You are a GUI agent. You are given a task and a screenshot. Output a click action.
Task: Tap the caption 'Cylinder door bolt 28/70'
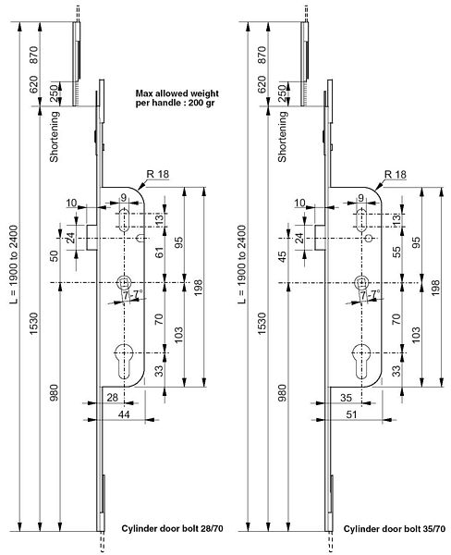[x=172, y=528]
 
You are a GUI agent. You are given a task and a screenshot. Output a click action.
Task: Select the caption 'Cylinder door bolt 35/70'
[x=395, y=528]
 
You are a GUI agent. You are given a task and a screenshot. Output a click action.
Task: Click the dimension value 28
[x=112, y=397]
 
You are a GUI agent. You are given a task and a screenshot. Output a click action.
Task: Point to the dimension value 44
[x=124, y=414]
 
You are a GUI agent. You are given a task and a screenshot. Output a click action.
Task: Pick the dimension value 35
[x=346, y=398]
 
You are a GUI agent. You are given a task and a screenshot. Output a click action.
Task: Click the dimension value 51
[x=351, y=414]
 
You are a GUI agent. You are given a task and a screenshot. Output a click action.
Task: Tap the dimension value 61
[x=160, y=253]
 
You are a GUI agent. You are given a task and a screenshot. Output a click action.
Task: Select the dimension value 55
[x=397, y=252]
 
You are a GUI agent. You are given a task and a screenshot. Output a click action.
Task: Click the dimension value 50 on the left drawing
[x=55, y=255]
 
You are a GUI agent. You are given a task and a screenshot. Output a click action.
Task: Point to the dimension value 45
[x=282, y=255]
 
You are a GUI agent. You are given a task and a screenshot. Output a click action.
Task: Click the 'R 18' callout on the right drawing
[x=396, y=175]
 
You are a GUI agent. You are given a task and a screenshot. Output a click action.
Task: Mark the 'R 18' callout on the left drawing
[x=158, y=174]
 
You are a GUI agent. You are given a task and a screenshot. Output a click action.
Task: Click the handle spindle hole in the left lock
[x=124, y=282]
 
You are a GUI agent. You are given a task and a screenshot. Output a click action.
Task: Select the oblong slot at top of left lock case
[x=124, y=220]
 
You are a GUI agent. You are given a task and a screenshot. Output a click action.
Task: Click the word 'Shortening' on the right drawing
[x=282, y=137]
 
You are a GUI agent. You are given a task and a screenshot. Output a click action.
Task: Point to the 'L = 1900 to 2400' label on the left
[x=14, y=265]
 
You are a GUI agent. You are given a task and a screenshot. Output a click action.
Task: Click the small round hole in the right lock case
[x=370, y=239]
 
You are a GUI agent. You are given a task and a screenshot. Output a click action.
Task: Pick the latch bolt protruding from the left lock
[x=92, y=237]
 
